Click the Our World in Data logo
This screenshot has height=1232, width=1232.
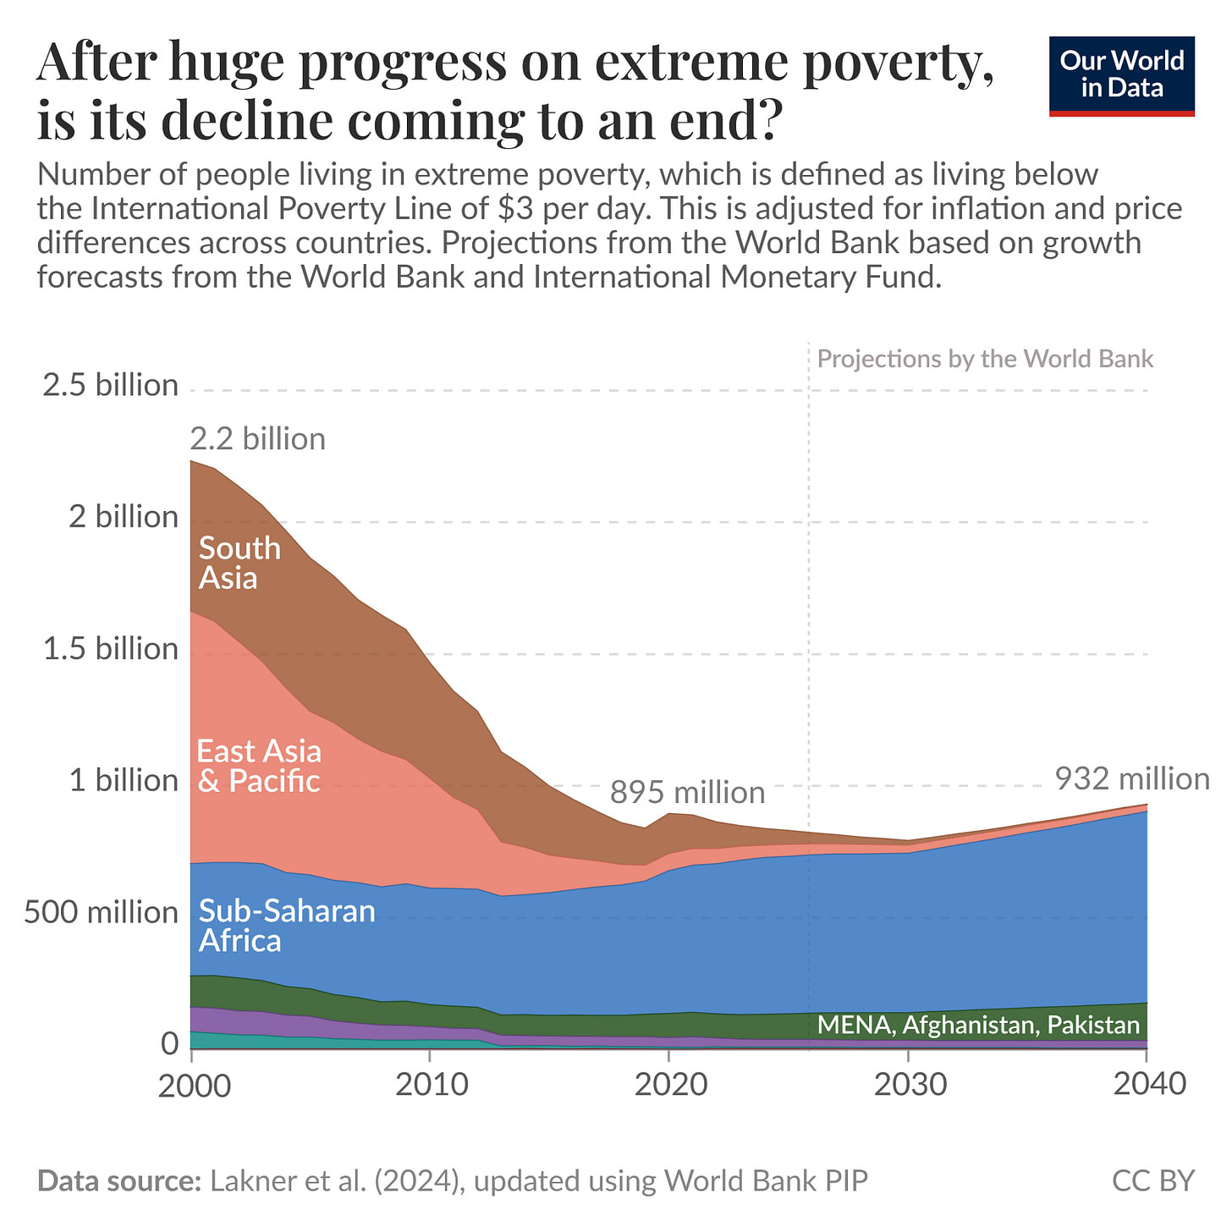tap(1121, 76)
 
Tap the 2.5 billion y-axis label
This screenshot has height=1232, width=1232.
tap(111, 385)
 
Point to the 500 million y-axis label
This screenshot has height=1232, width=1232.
tap(101, 911)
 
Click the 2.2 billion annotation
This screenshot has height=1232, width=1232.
tap(257, 439)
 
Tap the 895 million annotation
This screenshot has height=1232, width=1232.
tap(687, 793)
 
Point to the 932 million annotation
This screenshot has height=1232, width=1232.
tap(1132, 779)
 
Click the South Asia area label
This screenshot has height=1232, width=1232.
tap(239, 564)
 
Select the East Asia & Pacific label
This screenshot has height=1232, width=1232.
tap(259, 766)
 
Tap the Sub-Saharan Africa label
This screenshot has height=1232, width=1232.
tap(287, 925)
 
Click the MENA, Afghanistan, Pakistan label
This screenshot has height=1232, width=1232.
tap(978, 1025)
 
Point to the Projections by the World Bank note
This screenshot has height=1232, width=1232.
tap(985, 360)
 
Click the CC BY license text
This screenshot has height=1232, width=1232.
tap(1153, 1181)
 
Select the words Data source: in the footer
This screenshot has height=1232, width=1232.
tap(119, 1181)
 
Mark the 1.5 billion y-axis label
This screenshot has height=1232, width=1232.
tap(111, 649)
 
